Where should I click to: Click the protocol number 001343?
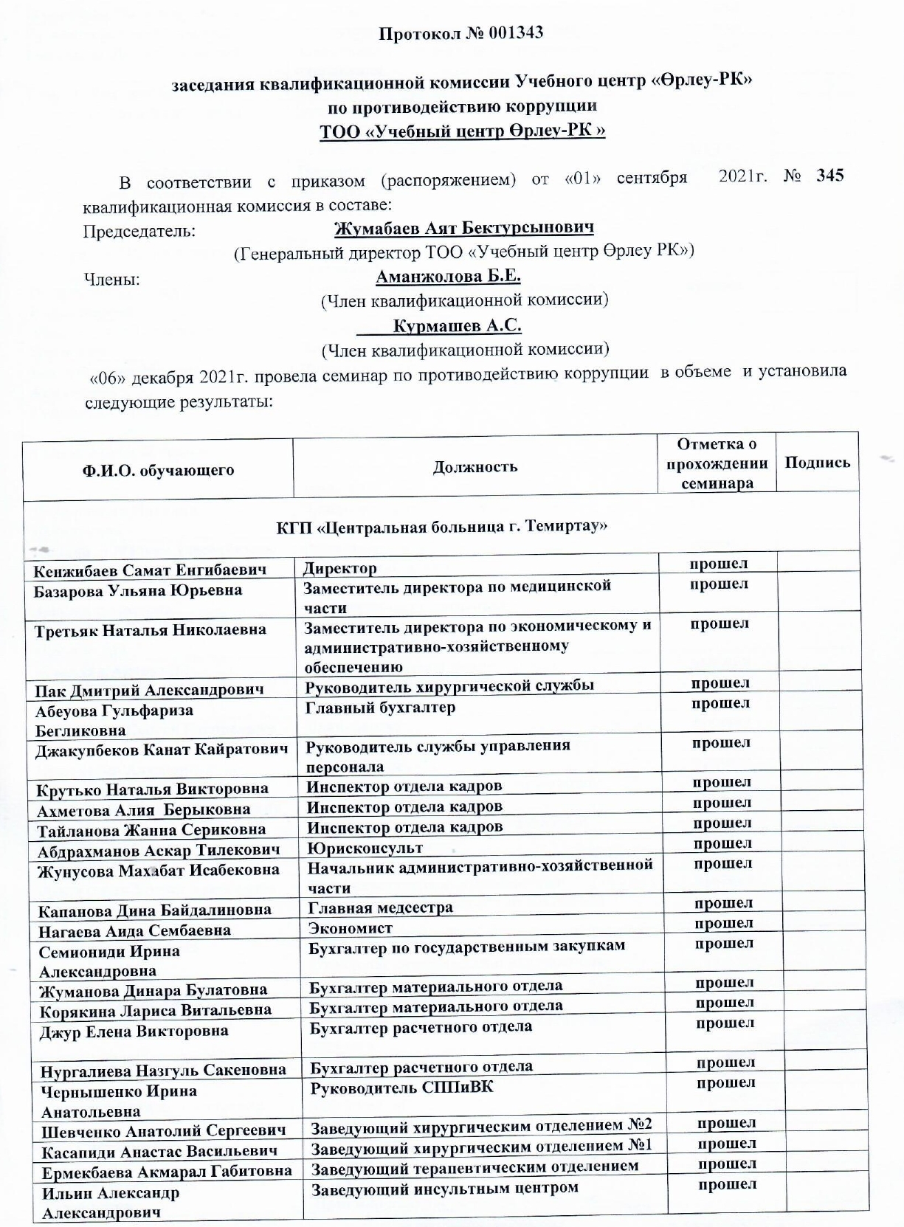pos(515,33)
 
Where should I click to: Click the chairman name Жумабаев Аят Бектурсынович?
pos(463,228)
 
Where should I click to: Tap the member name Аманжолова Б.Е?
pos(448,277)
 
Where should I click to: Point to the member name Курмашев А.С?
pos(457,325)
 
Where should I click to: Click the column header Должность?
pos(475,466)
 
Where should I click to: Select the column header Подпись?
pos(817,463)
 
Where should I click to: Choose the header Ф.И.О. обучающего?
pos(158,470)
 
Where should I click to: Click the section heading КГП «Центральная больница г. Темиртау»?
pos(441,527)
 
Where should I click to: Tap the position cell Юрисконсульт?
pos(365,848)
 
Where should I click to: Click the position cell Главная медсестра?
pos(380,908)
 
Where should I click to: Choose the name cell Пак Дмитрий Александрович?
pos(149,691)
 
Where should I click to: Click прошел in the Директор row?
pos(718,564)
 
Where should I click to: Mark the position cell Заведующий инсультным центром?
pos(444,1189)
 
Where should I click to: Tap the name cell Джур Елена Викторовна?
pos(134,1031)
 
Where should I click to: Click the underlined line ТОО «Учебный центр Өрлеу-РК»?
pos(462,131)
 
